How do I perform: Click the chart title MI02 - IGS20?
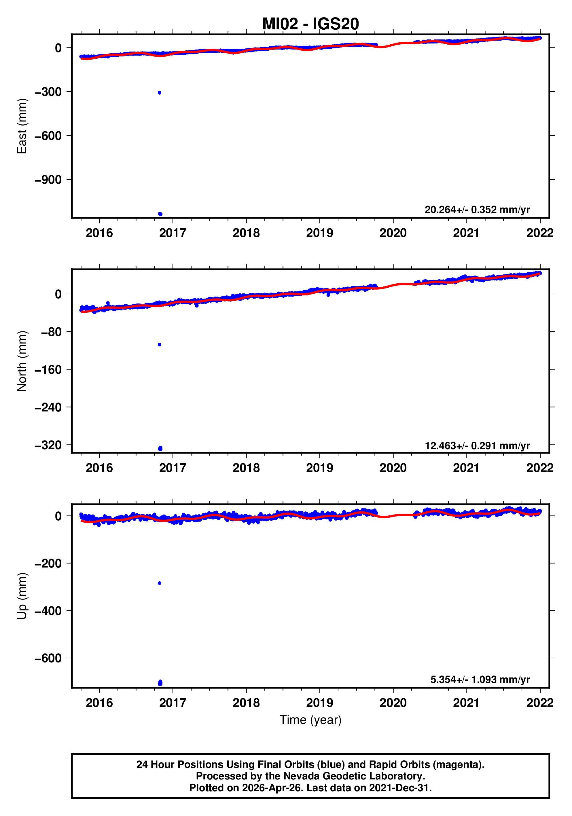310,24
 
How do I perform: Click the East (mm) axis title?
22,126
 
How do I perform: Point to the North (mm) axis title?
22,361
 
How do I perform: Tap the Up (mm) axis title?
22,596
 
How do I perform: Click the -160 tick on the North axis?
48,370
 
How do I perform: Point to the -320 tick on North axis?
48,445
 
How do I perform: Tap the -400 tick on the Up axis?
48,611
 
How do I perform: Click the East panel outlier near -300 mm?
160,93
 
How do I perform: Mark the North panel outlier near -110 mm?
160,345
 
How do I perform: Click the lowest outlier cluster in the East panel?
160,214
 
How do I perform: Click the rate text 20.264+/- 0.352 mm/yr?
477,210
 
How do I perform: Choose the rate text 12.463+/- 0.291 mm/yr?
477,446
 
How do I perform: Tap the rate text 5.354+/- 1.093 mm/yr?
480,680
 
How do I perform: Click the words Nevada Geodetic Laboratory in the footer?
354,776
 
